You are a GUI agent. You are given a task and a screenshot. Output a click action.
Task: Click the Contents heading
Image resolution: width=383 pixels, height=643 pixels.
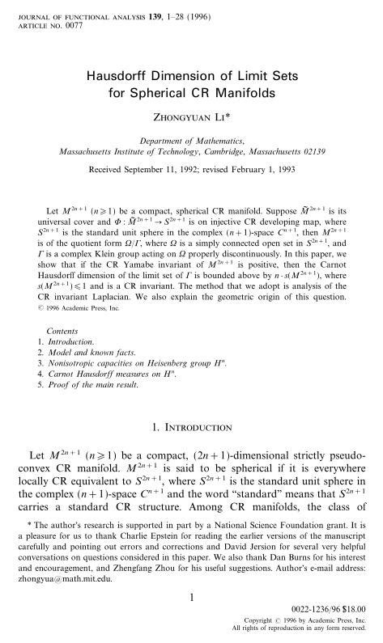tap(62, 354)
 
